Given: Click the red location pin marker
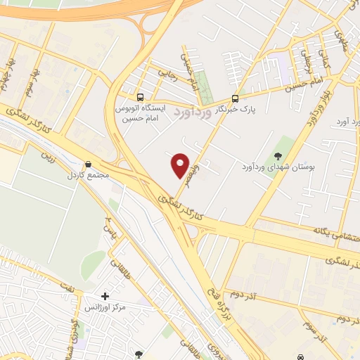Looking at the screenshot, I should coord(181,165).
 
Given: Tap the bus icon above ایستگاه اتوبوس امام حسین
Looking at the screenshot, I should coord(141,97).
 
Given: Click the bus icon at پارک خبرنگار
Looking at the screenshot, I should coord(236,99).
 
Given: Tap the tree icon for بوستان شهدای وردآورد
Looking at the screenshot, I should coord(278,155).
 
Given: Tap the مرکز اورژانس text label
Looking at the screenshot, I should coord(105,309).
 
